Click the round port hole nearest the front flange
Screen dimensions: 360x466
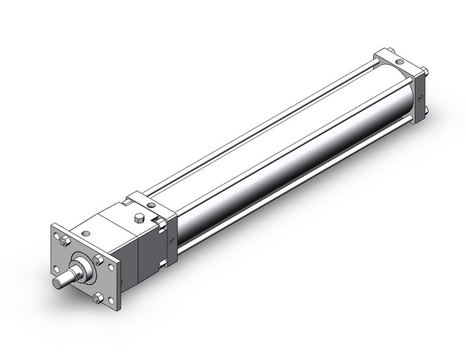85,233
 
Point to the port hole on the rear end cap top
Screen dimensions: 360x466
399,62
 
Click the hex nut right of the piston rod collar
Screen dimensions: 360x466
97,260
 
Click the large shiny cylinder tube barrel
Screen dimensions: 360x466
276,153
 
